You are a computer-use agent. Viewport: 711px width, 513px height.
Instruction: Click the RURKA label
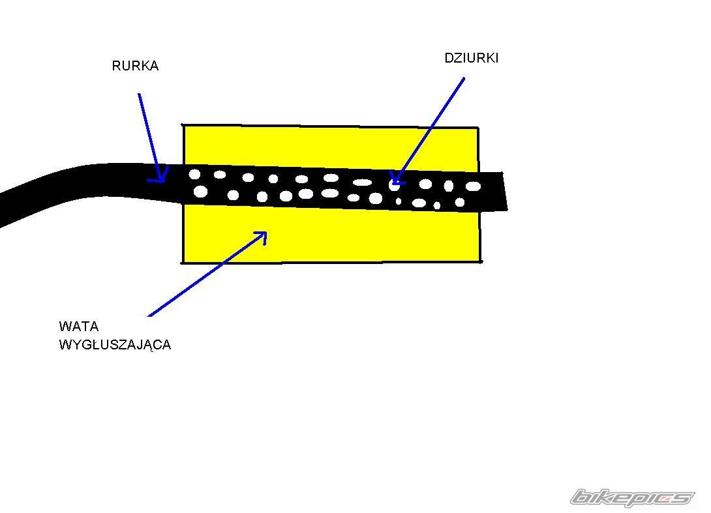pyautogui.click(x=135, y=66)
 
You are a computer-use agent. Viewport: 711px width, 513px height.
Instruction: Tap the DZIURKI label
pyautogui.click(x=471, y=58)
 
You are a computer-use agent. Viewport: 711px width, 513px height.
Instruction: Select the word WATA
pyautogui.click(x=78, y=327)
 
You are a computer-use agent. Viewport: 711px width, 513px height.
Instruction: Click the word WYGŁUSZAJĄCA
pyautogui.click(x=115, y=345)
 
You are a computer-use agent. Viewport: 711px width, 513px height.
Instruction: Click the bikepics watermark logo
pyautogui.click(x=631, y=498)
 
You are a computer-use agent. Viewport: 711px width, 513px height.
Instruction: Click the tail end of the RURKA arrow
pyautogui.click(x=139, y=94)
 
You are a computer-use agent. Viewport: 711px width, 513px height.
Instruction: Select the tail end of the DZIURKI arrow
pyautogui.click(x=464, y=78)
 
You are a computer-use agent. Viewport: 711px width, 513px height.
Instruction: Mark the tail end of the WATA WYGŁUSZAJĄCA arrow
pyautogui.click(x=149, y=316)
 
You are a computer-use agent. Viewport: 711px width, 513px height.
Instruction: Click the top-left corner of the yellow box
pyautogui.click(x=183, y=125)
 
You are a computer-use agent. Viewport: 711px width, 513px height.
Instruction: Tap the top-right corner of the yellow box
pyautogui.click(x=478, y=128)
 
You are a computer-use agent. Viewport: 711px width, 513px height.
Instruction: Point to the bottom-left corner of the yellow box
pyautogui.click(x=182, y=263)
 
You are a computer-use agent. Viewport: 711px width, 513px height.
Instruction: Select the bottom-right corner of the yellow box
pyautogui.click(x=481, y=261)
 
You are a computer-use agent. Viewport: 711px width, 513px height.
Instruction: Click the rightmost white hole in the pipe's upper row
pyautogui.click(x=473, y=186)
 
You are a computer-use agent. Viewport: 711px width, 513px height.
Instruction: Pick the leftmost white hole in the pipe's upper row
pyautogui.click(x=194, y=174)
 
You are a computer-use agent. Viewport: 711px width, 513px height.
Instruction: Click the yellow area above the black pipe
pyautogui.click(x=326, y=147)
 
